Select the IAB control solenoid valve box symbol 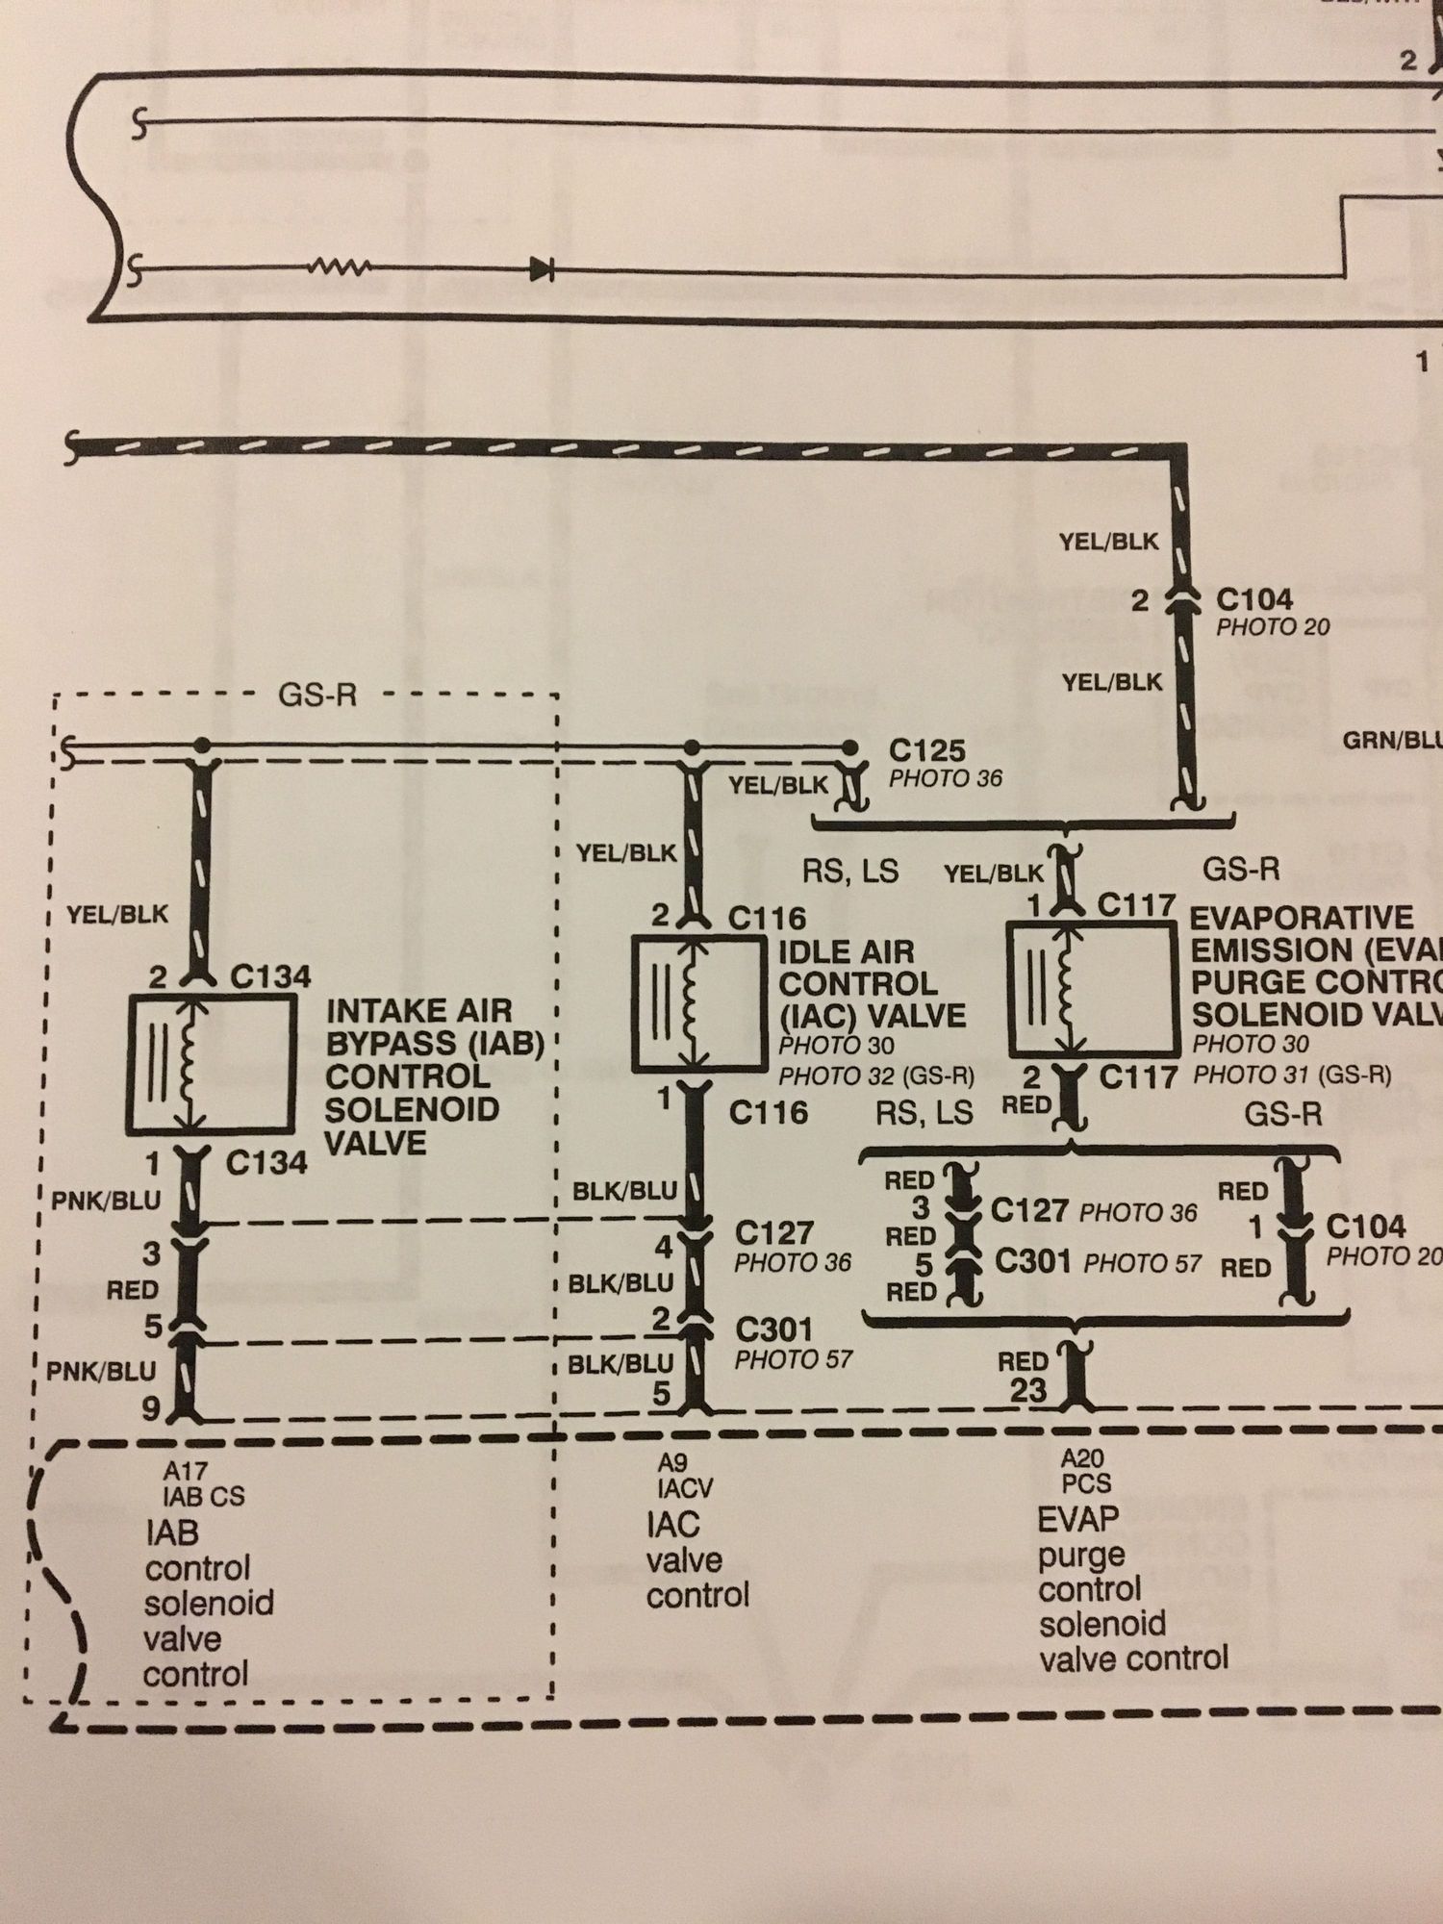coord(212,1064)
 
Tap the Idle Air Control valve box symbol coord(698,1004)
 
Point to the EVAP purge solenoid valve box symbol coord(1091,989)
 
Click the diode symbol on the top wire coord(542,270)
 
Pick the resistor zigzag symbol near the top coord(339,268)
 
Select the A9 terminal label coord(672,1463)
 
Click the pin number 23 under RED coord(1027,1390)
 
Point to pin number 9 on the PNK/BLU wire coord(152,1408)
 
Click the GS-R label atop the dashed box coord(316,695)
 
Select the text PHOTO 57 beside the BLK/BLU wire coord(793,1359)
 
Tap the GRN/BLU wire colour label coord(1391,741)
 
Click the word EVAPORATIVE coord(1302,917)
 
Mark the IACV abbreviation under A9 coord(685,1489)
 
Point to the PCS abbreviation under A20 coord(1086,1484)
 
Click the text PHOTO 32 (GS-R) coord(875,1076)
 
